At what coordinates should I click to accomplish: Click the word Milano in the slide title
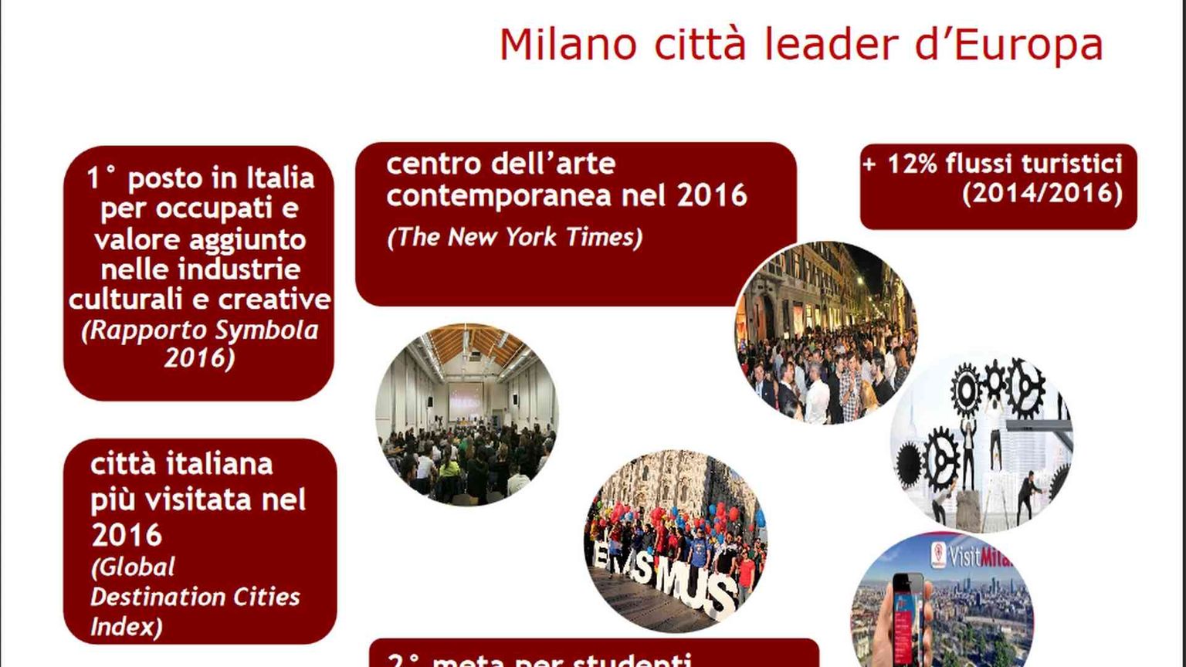[568, 45]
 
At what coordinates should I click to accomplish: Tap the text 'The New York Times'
[514, 237]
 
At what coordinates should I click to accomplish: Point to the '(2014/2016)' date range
[1042, 193]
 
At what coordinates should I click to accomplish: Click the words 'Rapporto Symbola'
[200, 330]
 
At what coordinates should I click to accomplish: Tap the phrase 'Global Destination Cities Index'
[195, 597]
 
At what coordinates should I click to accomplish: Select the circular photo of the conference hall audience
[466, 415]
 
